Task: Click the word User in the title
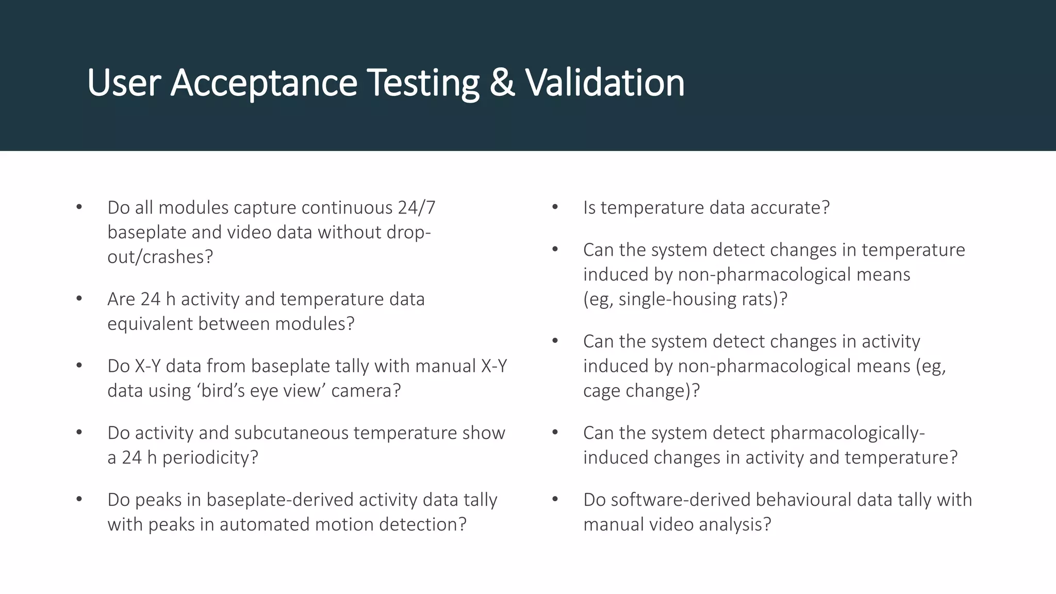click(x=124, y=82)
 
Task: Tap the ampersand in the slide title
click(x=502, y=82)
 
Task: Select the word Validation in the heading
click(x=605, y=82)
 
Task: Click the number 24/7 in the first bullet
click(x=417, y=208)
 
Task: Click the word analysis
click(x=740, y=525)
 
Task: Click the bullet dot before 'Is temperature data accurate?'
click(x=555, y=207)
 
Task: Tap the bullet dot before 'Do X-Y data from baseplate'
click(x=79, y=366)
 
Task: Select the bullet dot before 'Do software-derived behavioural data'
click(x=555, y=499)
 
